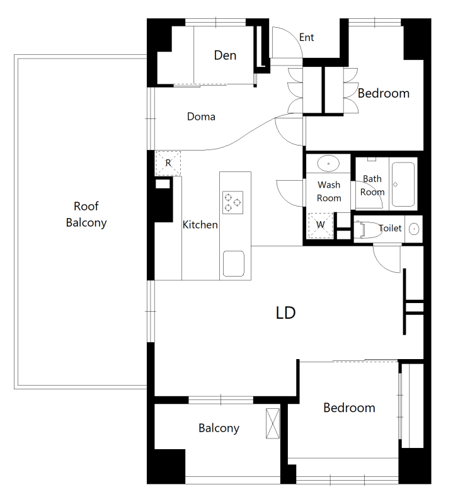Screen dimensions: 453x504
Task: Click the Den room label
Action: pyautogui.click(x=225, y=55)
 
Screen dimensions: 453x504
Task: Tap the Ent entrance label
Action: pyautogui.click(x=306, y=37)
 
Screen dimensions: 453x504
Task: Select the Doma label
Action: pyautogui.click(x=201, y=117)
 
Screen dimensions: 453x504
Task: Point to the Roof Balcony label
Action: pyautogui.click(x=86, y=214)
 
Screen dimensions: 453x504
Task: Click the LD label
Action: pyautogui.click(x=286, y=312)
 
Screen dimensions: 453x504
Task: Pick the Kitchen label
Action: pyautogui.click(x=200, y=225)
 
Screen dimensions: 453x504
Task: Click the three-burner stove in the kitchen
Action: pyautogui.click(x=232, y=202)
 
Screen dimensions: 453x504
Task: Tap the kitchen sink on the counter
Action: pyautogui.click(x=234, y=263)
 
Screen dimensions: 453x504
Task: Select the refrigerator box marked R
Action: pyautogui.click(x=168, y=163)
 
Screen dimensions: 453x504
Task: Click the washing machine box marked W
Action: pyautogui.click(x=321, y=226)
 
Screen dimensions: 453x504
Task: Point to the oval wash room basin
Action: pyautogui.click(x=328, y=163)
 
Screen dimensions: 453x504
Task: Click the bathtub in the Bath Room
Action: pyautogui.click(x=403, y=184)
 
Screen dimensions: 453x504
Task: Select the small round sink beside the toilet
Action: pyautogui.click(x=414, y=229)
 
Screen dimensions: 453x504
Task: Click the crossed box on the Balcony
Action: pyautogui.click(x=273, y=423)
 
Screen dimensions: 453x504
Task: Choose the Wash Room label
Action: pyautogui.click(x=329, y=192)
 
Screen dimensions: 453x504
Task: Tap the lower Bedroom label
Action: pyautogui.click(x=349, y=408)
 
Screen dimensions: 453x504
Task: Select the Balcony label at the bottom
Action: pyautogui.click(x=219, y=428)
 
